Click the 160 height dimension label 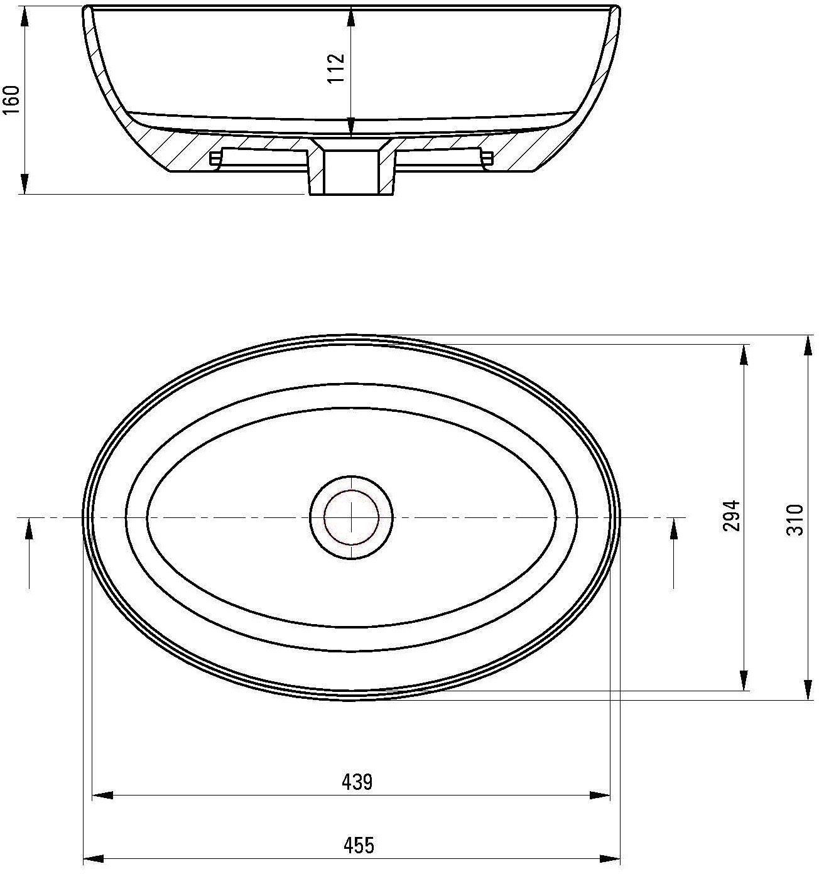click(x=12, y=100)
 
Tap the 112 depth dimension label click(x=336, y=68)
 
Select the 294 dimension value click(x=731, y=515)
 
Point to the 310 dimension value click(x=795, y=520)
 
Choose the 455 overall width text click(x=359, y=845)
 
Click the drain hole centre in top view click(x=351, y=517)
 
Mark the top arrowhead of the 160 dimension click(x=24, y=17)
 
